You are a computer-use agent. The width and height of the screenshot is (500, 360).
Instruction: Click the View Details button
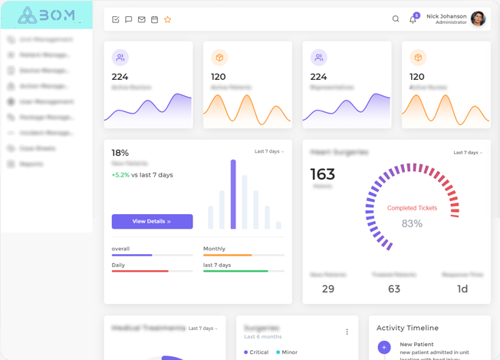tap(152, 221)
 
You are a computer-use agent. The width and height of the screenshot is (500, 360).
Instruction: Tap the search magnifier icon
tap(396, 19)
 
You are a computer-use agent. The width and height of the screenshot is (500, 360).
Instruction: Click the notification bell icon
tap(413, 19)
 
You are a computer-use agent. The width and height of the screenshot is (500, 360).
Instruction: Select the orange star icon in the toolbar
tap(167, 19)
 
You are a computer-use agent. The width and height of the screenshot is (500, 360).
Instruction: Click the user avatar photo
tap(478, 19)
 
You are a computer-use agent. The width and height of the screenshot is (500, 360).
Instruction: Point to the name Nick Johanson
tap(446, 15)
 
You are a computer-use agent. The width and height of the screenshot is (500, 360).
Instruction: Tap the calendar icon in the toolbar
tap(154, 19)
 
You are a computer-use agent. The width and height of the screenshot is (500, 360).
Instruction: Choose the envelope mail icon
tap(141, 19)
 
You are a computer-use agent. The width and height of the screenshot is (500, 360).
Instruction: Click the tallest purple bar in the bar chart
tap(233, 194)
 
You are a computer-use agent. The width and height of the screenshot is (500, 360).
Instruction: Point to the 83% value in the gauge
tap(412, 223)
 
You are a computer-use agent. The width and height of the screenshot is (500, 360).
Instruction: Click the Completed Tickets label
tap(412, 208)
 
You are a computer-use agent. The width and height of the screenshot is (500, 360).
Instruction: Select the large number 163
tap(322, 174)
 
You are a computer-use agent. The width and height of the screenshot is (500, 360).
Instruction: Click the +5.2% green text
tap(120, 175)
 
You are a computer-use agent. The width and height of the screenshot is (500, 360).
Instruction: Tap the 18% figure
tap(120, 153)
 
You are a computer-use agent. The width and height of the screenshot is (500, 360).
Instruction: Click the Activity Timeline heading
tap(407, 328)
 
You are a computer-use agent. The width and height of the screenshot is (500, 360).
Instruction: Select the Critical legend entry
tap(256, 352)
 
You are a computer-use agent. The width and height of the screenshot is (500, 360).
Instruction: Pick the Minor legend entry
tap(287, 352)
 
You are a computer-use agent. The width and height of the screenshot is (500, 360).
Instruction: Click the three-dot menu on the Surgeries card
tap(347, 332)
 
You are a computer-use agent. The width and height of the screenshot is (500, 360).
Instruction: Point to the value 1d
tap(462, 289)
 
